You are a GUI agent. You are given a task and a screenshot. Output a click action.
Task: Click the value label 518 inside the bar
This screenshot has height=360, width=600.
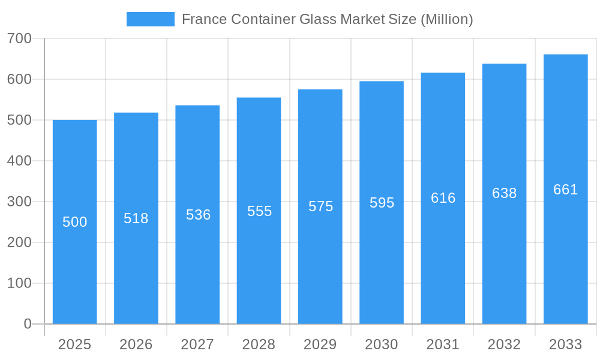(x=136, y=218)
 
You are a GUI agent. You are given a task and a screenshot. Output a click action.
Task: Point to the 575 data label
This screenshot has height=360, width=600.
(x=320, y=206)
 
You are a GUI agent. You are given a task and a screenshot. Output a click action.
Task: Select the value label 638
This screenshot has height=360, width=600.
(x=504, y=193)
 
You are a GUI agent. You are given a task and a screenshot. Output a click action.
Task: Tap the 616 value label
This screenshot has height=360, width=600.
(x=443, y=198)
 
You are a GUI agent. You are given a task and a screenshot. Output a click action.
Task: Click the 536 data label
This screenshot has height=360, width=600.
(x=198, y=215)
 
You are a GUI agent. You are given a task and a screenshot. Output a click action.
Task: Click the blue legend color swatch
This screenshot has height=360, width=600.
(x=150, y=19)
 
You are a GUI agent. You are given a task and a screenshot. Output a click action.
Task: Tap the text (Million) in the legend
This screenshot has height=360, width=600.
(x=446, y=19)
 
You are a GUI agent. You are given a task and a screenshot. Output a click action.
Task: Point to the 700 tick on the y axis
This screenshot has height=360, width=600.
(x=19, y=38)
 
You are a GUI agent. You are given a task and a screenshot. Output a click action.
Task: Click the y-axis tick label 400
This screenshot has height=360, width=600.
(x=19, y=161)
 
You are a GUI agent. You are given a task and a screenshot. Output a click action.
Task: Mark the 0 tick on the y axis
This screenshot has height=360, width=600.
(x=28, y=324)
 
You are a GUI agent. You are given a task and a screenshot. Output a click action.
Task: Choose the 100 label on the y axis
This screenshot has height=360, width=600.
(x=19, y=283)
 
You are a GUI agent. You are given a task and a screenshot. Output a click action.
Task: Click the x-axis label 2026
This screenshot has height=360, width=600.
(x=136, y=344)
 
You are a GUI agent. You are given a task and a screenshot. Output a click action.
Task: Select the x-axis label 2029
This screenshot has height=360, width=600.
(x=320, y=344)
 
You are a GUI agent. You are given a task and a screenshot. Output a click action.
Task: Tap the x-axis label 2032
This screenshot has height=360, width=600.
(x=504, y=344)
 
